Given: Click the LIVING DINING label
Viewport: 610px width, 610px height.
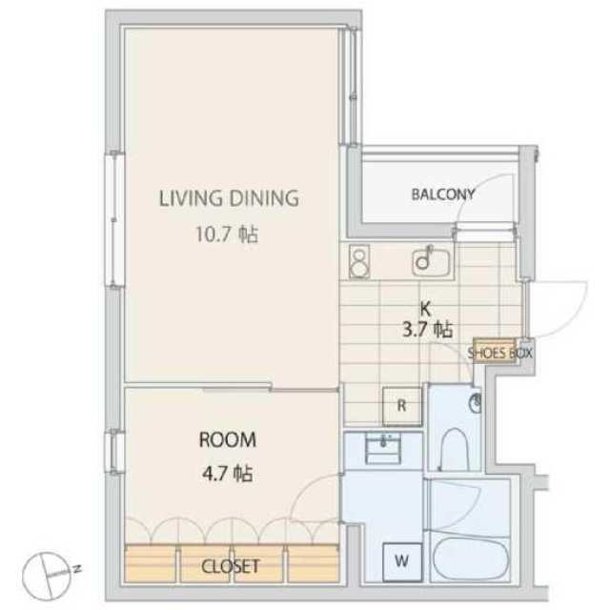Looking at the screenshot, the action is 229,198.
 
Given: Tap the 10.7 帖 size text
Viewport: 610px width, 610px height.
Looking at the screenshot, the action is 227,234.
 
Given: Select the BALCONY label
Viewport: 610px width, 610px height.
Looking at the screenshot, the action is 443,194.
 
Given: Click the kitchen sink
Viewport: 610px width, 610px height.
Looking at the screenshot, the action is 432,260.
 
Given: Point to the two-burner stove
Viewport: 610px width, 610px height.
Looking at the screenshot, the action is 358,261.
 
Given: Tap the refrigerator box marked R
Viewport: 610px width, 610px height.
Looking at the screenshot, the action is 402,406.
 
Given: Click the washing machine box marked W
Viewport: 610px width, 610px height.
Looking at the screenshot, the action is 402,561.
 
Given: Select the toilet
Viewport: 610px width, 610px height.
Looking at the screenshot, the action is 455,450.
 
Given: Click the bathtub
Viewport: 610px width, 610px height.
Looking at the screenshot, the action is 471,559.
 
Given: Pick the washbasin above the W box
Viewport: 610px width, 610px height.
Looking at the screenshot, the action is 383,449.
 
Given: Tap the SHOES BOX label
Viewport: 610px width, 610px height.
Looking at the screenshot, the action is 499,354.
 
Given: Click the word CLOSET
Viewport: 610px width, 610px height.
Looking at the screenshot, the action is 231,566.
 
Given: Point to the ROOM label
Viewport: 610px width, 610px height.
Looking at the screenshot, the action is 228,440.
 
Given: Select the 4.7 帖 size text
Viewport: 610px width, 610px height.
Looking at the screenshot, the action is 227,475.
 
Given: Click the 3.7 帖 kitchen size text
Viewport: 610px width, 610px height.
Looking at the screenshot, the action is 427,330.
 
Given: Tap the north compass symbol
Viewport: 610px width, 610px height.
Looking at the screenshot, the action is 51,576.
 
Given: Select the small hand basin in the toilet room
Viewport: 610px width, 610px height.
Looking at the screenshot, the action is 475,402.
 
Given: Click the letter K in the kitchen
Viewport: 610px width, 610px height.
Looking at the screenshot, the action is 426,309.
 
